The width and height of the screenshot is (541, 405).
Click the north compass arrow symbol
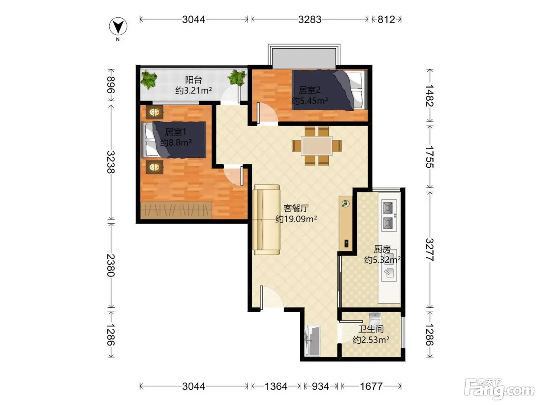pos(118,26)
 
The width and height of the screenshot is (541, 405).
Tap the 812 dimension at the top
pos(386,19)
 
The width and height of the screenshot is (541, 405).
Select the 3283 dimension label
pos(310,19)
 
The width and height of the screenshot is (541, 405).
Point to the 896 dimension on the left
pos(111,85)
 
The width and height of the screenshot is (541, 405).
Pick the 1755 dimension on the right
pos(430,157)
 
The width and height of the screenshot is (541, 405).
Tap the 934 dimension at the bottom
pos(320,386)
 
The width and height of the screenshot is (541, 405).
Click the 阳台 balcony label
pos(194,80)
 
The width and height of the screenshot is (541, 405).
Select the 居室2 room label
pos(310,90)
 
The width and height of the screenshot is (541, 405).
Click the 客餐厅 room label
pos(296,208)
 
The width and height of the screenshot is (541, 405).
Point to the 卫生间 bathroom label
pos(371,329)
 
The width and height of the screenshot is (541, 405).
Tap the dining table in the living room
pos(317,146)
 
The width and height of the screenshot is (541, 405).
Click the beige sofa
pos(267,219)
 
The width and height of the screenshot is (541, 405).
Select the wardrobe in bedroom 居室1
pos(176,210)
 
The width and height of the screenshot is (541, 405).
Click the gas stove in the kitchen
pos(389,215)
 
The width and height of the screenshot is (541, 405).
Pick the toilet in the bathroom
pos(375,319)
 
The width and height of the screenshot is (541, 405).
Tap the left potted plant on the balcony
pos(149,80)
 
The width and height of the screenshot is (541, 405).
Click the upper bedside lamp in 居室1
pos(154,112)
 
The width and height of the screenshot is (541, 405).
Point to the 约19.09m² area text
pos(296,219)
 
